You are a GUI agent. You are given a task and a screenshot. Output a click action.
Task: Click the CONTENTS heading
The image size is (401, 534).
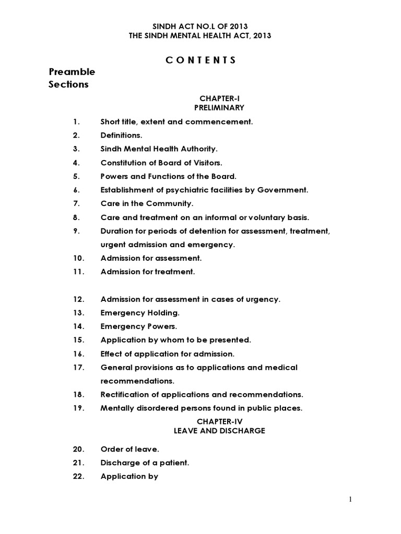tap(200, 60)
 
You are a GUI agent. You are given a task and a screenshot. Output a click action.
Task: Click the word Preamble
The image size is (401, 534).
tap(72, 71)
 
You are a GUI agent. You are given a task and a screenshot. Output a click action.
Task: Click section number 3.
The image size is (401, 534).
tap(76, 149)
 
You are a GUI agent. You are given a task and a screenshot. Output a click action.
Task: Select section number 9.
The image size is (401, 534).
tap(76, 230)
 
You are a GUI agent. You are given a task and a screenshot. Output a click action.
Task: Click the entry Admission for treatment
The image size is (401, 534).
tap(148, 272)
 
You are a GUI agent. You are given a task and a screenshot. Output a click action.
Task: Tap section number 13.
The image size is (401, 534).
tap(78, 313)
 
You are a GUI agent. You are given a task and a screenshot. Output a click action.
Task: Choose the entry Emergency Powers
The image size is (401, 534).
tap(139, 326)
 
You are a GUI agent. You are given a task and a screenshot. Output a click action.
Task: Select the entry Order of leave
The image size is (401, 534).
tap(129, 449)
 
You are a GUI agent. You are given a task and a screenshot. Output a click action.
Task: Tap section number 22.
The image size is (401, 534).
tap(78, 476)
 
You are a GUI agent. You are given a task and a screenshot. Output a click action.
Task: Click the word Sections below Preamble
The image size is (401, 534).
tap(68, 84)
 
